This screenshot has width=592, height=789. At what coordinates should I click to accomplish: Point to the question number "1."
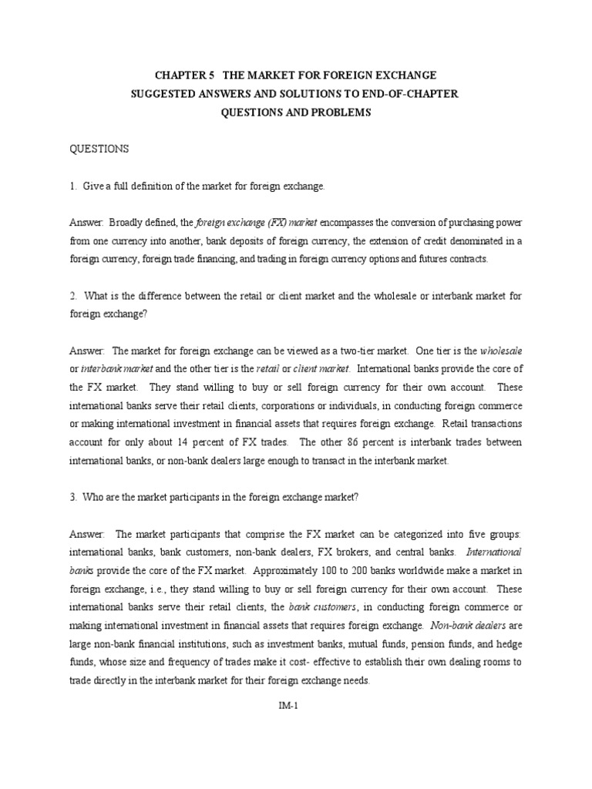[x=73, y=186]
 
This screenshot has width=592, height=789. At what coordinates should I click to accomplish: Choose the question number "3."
[x=73, y=497]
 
